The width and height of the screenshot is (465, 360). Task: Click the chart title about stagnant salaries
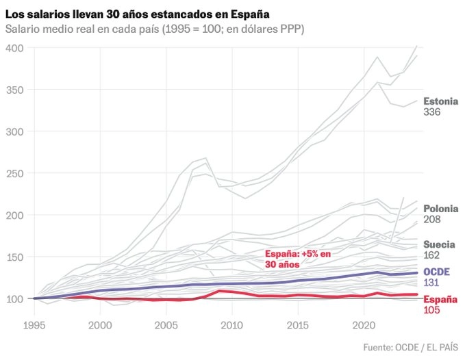(137, 14)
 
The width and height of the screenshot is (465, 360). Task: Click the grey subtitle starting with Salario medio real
(155, 29)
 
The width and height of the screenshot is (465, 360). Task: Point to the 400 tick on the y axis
(15, 48)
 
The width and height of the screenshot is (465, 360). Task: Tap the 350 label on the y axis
(15, 90)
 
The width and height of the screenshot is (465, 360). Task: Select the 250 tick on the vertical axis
(15, 174)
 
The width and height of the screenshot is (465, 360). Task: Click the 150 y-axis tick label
(15, 257)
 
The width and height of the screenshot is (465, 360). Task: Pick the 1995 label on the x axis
(34, 325)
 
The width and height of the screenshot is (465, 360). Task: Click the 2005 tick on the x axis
(166, 325)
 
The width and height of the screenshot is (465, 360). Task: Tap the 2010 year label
(232, 325)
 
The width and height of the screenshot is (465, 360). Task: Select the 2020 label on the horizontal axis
(364, 325)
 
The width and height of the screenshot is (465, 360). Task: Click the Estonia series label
(441, 101)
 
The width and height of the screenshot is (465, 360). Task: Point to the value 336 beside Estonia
(432, 112)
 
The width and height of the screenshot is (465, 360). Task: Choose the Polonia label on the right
(441, 209)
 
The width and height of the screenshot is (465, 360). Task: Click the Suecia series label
(439, 244)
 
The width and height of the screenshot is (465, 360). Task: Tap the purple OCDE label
(436, 272)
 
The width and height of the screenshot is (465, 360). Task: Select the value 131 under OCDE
(431, 283)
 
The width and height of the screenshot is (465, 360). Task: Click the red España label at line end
(440, 299)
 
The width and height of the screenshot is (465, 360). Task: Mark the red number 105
(431, 310)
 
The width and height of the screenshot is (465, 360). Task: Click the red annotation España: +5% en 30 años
(298, 259)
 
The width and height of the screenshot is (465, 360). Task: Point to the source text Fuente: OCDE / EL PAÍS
(411, 347)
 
